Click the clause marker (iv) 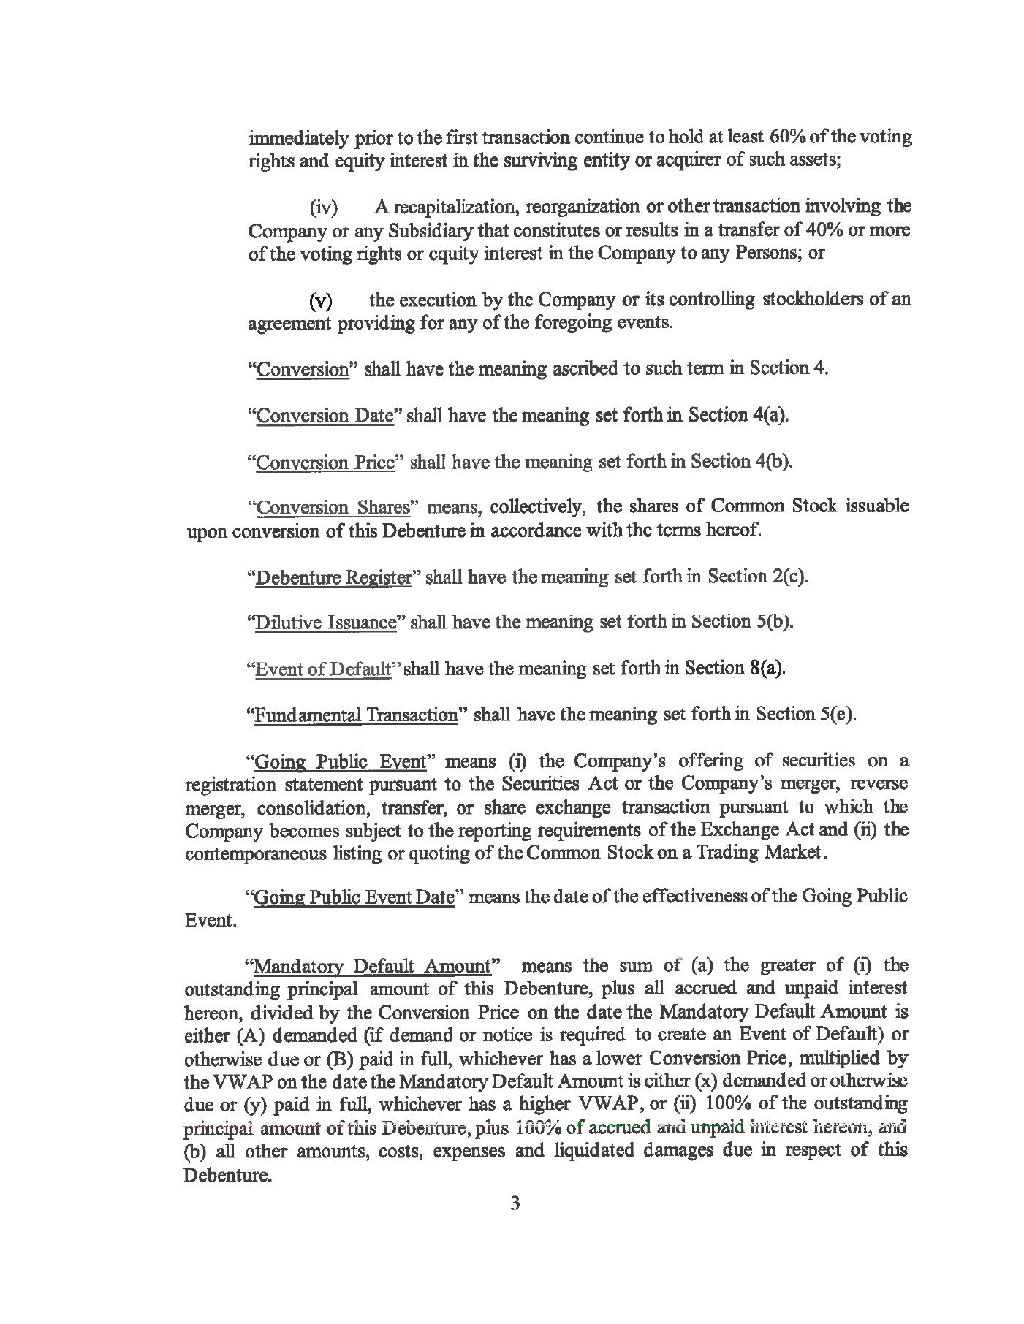click(x=324, y=208)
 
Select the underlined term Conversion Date click(x=325, y=416)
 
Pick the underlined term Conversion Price click(x=326, y=463)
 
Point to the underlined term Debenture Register click(x=333, y=577)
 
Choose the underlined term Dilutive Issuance click(x=325, y=623)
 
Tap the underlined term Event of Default click(x=322, y=669)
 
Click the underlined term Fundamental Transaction click(x=355, y=715)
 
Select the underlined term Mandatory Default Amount click(x=372, y=967)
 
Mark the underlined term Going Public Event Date click(x=354, y=897)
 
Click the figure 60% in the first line click(x=786, y=137)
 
